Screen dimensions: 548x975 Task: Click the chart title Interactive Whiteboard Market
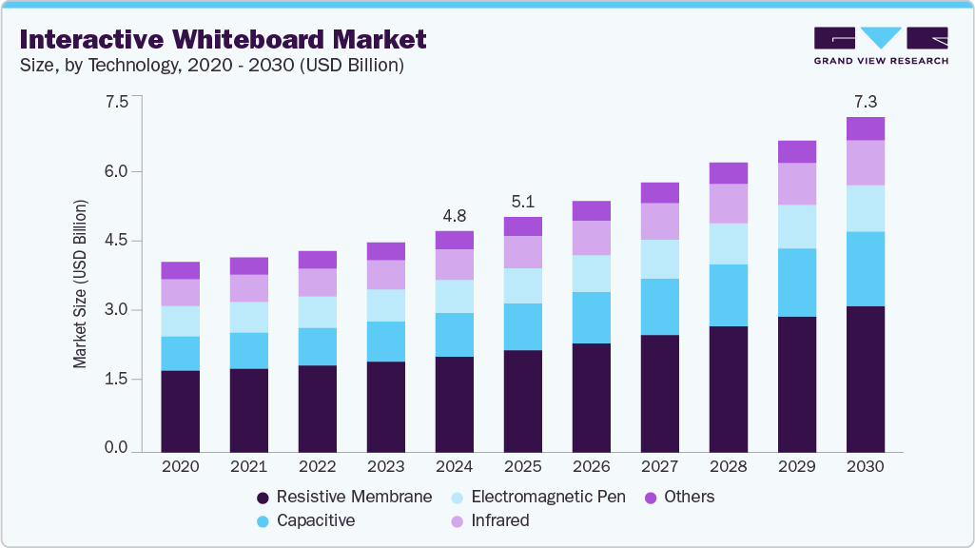(223, 39)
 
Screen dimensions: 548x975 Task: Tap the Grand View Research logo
(881, 45)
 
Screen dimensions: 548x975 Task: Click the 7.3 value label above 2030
(866, 101)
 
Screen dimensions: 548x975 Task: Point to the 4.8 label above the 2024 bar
(454, 214)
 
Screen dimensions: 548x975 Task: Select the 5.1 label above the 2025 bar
(522, 201)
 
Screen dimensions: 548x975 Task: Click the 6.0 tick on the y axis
(116, 171)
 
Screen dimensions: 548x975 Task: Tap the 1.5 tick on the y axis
(116, 379)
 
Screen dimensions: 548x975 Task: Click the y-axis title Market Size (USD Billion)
(81, 284)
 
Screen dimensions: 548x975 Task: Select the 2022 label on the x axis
(317, 467)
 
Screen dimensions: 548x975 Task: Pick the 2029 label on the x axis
(797, 467)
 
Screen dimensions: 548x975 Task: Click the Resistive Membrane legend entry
(344, 497)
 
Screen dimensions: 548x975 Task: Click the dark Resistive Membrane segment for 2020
(180, 411)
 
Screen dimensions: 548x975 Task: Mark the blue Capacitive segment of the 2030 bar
(866, 269)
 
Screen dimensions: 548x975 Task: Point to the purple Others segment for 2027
(660, 193)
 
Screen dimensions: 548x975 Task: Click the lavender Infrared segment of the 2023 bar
(385, 275)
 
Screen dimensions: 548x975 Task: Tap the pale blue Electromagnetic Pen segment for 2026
(592, 274)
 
